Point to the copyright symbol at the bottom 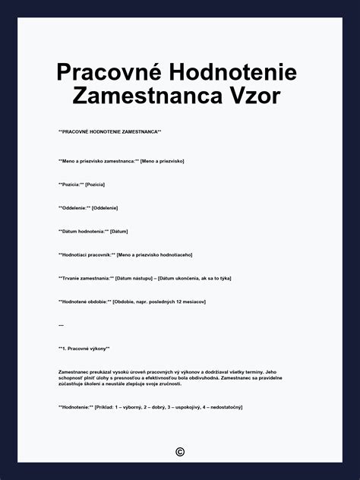(180, 452)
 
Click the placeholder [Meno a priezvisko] (163, 161)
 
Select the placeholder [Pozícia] (95, 185)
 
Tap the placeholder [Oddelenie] (105, 208)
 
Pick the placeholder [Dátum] (119, 231)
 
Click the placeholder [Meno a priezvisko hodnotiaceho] (155, 254)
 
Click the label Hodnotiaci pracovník (86, 254)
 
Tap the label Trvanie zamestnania (86, 278)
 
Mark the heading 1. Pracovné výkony (84, 349)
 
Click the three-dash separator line (61, 325)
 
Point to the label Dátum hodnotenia (84, 231)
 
